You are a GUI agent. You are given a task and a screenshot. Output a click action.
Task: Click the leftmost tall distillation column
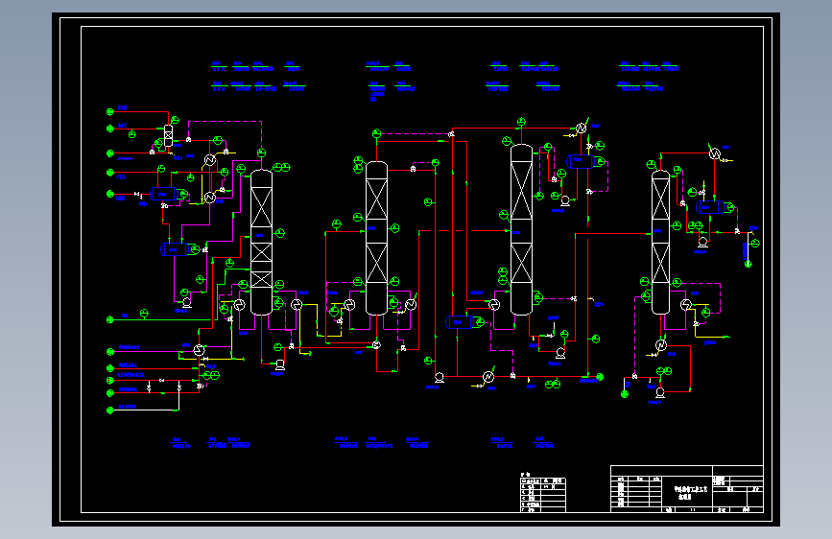tap(261, 240)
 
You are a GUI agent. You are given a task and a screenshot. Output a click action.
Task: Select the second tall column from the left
tap(376, 238)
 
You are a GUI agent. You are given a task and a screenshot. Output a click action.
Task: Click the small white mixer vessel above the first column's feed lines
tap(169, 135)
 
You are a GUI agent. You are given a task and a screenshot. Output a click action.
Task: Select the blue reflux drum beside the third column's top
tap(581, 161)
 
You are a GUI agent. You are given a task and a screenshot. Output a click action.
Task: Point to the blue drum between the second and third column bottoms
tap(459, 322)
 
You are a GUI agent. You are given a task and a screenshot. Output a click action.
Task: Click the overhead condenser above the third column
tap(582, 128)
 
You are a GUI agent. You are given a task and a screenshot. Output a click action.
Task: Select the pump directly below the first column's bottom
tap(279, 363)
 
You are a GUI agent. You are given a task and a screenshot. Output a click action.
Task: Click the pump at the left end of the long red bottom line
tap(438, 378)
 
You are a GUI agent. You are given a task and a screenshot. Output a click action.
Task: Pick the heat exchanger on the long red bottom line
tap(488, 378)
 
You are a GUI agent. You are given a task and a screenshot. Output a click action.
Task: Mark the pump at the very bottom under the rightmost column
tap(659, 391)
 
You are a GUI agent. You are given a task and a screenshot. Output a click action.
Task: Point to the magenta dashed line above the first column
tap(226, 122)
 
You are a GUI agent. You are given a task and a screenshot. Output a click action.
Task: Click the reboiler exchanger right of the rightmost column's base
tap(687, 304)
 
